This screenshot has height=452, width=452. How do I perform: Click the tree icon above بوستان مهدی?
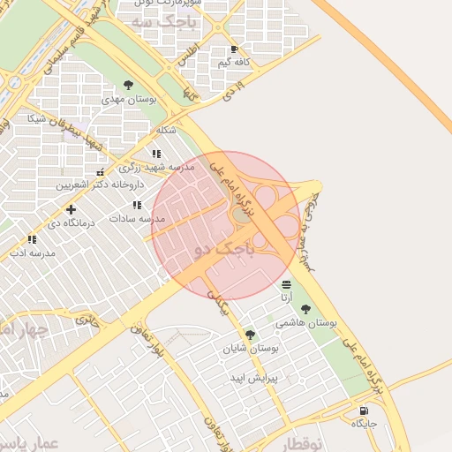coord(129,85)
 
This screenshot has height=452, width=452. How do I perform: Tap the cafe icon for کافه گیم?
coord(234,49)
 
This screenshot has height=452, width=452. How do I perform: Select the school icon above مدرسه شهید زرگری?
coord(156,154)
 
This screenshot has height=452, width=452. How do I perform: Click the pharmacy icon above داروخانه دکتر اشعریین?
coord(100,172)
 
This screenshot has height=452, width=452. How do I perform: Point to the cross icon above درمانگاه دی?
coord(71,209)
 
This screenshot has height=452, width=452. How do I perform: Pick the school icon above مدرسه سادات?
coord(137,205)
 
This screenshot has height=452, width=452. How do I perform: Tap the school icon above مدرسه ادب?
coord(32,239)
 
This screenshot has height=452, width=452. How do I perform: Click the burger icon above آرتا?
coord(286,284)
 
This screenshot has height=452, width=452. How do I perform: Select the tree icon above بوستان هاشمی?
coord(305,309)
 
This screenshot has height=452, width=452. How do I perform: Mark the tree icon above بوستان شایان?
coord(251,335)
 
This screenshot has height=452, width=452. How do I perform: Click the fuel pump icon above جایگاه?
coord(364,411)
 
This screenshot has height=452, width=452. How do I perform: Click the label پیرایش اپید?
coord(254,378)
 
